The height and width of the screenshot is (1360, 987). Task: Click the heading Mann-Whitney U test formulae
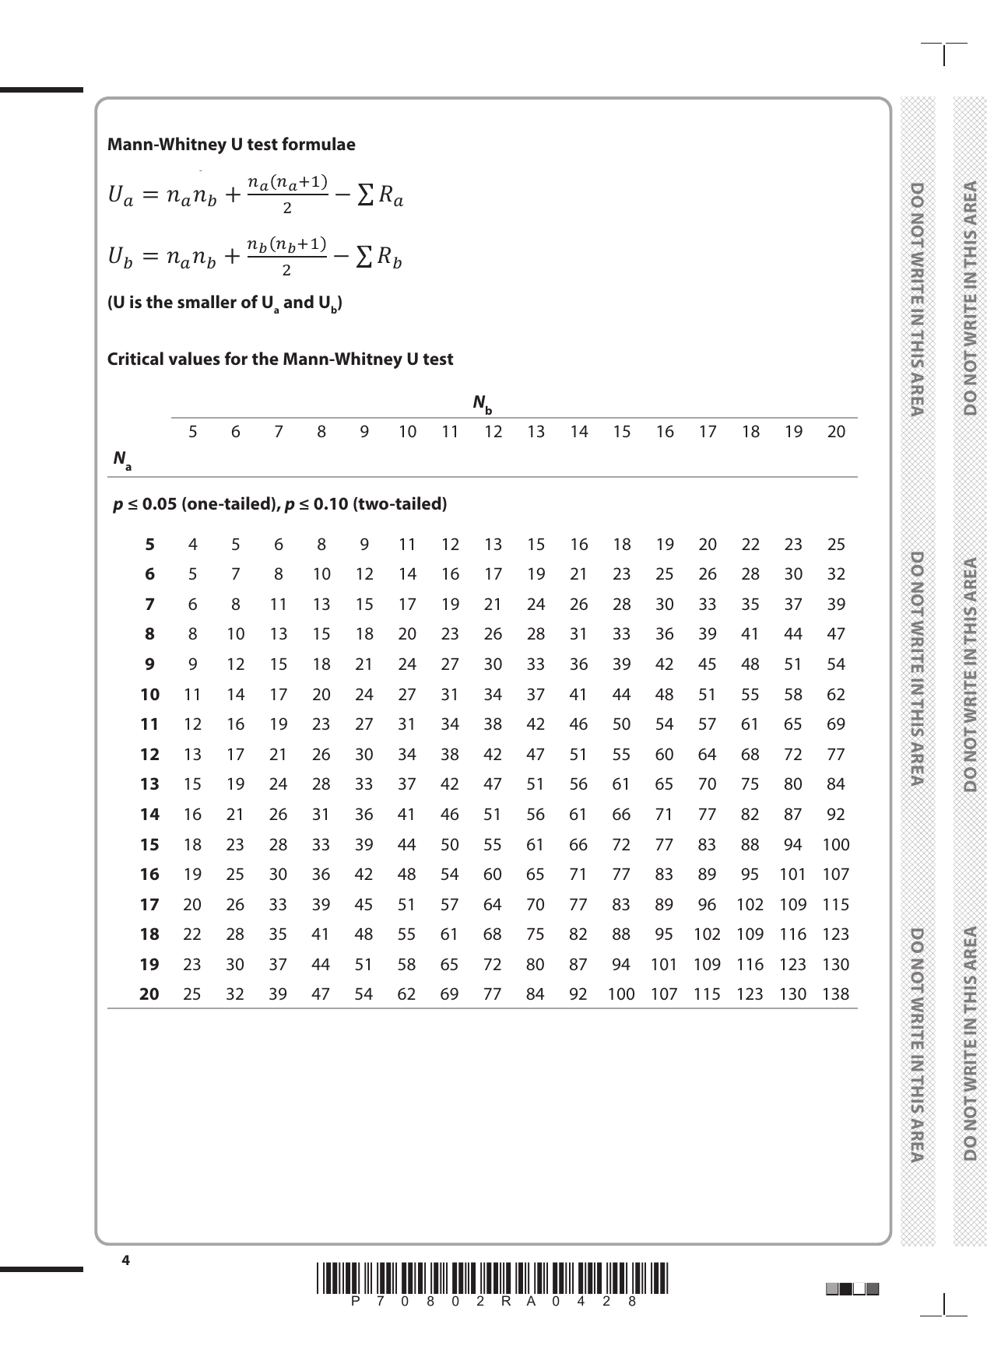pos(231,145)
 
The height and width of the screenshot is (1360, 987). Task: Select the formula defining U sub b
pos(255,257)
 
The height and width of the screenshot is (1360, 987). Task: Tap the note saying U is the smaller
pos(224,303)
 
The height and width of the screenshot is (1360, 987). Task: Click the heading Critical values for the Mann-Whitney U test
pos(280,359)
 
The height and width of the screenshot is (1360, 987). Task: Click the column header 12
pos(493,432)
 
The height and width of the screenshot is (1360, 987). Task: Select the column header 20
pos(836,432)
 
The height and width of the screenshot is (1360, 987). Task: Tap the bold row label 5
pos(149,545)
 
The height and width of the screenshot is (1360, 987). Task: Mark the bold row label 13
pos(149,784)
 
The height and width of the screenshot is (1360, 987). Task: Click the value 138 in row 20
pos(835,994)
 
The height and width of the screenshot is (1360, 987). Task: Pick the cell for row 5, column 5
pos(192,545)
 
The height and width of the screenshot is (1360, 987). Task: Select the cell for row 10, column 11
pos(450,695)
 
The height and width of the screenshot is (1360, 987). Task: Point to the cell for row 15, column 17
pos(707,845)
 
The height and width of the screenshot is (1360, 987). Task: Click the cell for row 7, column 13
pos(536,605)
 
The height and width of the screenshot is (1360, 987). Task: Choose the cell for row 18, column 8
pos(321,934)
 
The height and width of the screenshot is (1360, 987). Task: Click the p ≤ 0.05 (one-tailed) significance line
pos(280,504)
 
